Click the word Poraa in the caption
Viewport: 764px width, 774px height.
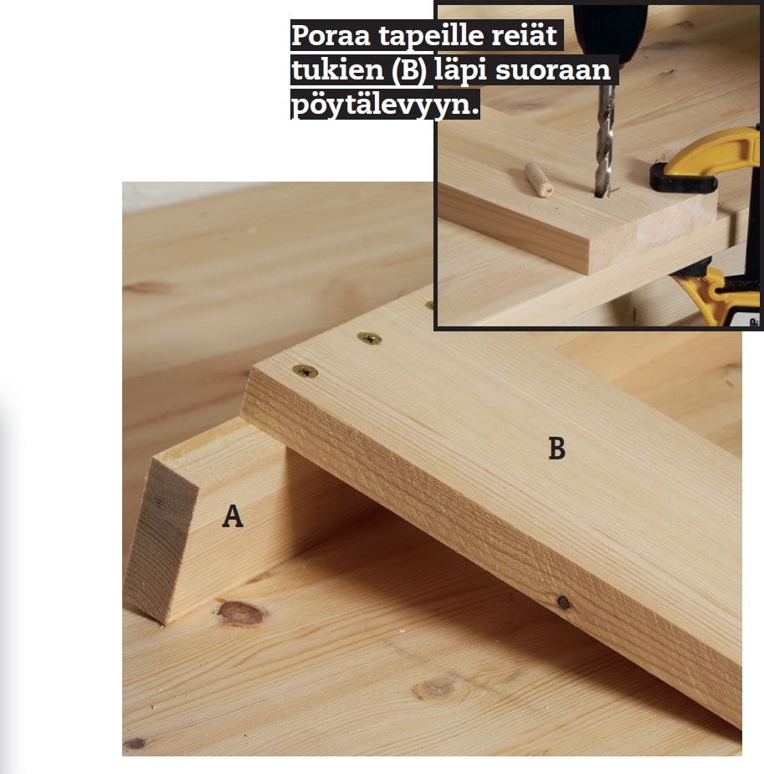coord(331,35)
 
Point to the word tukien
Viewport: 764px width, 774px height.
coord(337,69)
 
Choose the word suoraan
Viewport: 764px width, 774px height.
coord(553,70)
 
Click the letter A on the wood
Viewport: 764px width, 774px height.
coord(233,516)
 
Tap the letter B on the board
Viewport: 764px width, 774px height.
coord(556,449)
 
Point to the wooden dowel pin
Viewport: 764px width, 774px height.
coord(538,180)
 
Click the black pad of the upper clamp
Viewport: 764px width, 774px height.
coord(683,178)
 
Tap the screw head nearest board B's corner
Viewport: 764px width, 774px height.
coord(305,372)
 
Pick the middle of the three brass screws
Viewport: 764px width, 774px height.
coord(369,338)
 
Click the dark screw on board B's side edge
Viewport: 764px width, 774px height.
coord(563,602)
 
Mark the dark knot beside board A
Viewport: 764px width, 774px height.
coord(241,613)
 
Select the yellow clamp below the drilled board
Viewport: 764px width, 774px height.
coord(718,295)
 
